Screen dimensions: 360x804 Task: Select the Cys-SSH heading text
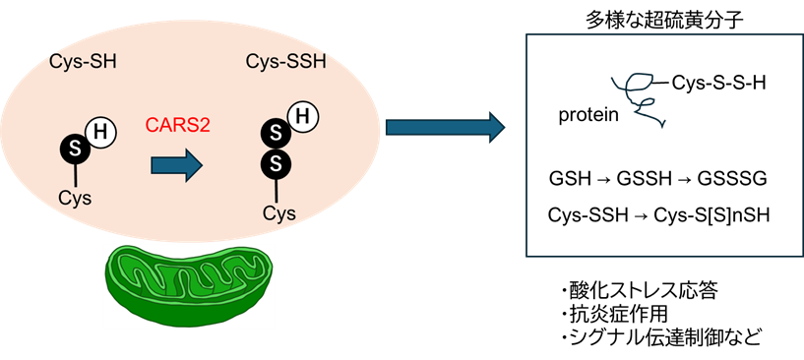[283, 62]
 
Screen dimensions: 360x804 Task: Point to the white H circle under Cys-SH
[100, 130]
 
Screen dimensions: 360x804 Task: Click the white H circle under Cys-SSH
[302, 117]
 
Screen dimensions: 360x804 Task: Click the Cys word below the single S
[75, 198]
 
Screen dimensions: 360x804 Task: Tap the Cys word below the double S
[278, 211]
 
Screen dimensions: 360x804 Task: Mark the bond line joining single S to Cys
[75, 175]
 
